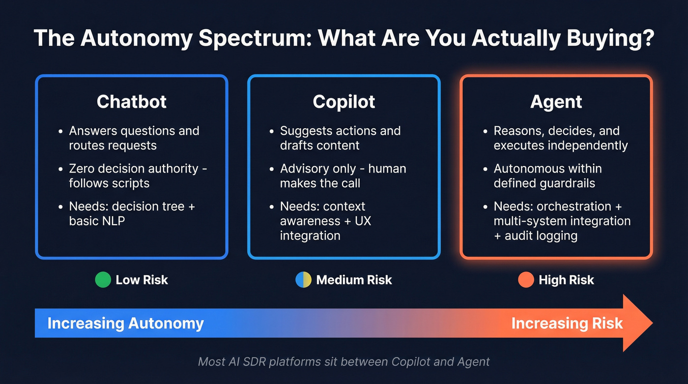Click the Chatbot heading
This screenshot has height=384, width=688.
coord(131,102)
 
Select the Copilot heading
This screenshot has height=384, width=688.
coord(344,102)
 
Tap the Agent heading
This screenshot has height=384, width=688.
coord(556,102)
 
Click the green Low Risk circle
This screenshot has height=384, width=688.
coord(103,280)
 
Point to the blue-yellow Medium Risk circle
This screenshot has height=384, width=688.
coord(303,280)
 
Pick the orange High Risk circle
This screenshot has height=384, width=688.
coord(526,280)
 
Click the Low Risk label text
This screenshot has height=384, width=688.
coord(142,280)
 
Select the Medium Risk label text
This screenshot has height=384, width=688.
coord(354,280)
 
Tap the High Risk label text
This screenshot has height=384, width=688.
coord(566,280)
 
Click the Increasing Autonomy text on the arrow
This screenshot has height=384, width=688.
coord(125,324)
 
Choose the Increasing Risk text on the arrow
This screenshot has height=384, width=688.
coord(567,324)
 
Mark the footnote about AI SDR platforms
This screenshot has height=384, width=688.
coord(344,362)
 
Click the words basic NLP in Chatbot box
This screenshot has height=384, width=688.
coord(97,221)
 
